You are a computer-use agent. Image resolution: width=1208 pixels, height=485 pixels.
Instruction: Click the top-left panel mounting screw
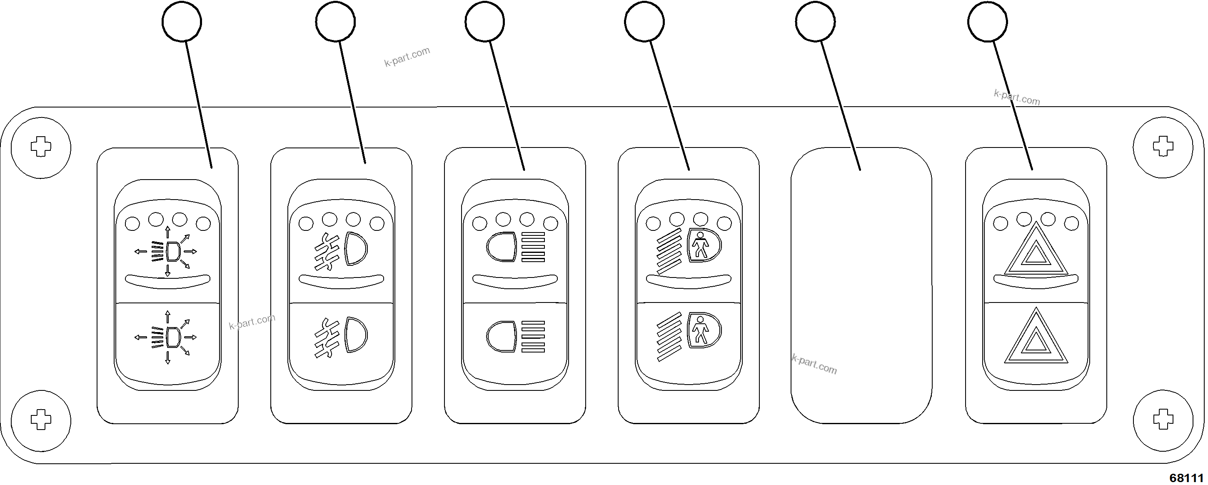point(41,147)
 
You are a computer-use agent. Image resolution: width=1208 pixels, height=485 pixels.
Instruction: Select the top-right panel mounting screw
point(1163,147)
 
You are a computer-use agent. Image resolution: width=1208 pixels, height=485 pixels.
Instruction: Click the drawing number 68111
point(1186,477)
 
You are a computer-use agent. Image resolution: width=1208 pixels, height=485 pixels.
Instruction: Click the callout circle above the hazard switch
point(987,22)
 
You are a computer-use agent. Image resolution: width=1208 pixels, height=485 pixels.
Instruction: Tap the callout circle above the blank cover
point(815,22)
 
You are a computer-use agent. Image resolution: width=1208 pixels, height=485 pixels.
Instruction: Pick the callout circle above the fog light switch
point(335,22)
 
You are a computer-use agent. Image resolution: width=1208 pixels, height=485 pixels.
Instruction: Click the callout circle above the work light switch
point(182,22)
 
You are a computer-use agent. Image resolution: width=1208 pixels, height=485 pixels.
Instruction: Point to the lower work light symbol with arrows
point(167,337)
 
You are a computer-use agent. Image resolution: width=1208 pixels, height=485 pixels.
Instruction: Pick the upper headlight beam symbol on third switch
point(516,247)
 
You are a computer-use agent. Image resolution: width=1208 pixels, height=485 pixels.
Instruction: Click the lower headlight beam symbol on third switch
point(516,336)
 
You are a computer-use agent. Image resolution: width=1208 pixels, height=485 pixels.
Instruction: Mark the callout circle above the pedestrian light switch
point(644,22)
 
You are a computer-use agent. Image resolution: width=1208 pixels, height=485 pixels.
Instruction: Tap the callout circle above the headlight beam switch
point(485,22)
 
